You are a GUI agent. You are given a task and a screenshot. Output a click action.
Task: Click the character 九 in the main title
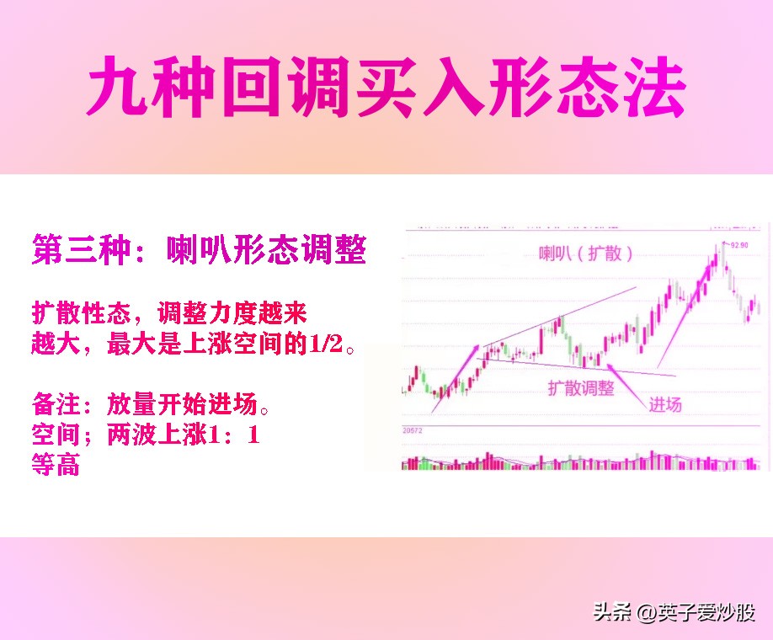click(x=118, y=88)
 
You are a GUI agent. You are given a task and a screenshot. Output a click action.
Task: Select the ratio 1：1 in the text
click(x=235, y=436)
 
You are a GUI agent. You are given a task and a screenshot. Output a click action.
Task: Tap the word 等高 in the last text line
click(x=56, y=465)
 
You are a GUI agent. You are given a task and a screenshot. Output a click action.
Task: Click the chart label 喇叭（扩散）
click(x=586, y=253)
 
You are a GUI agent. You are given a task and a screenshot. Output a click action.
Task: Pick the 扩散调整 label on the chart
click(x=581, y=388)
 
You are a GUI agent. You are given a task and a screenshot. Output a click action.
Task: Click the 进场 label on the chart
click(x=665, y=404)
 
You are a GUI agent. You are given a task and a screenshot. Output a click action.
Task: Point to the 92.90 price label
click(x=739, y=245)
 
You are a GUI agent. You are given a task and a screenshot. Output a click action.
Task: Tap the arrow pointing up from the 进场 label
click(x=626, y=381)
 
